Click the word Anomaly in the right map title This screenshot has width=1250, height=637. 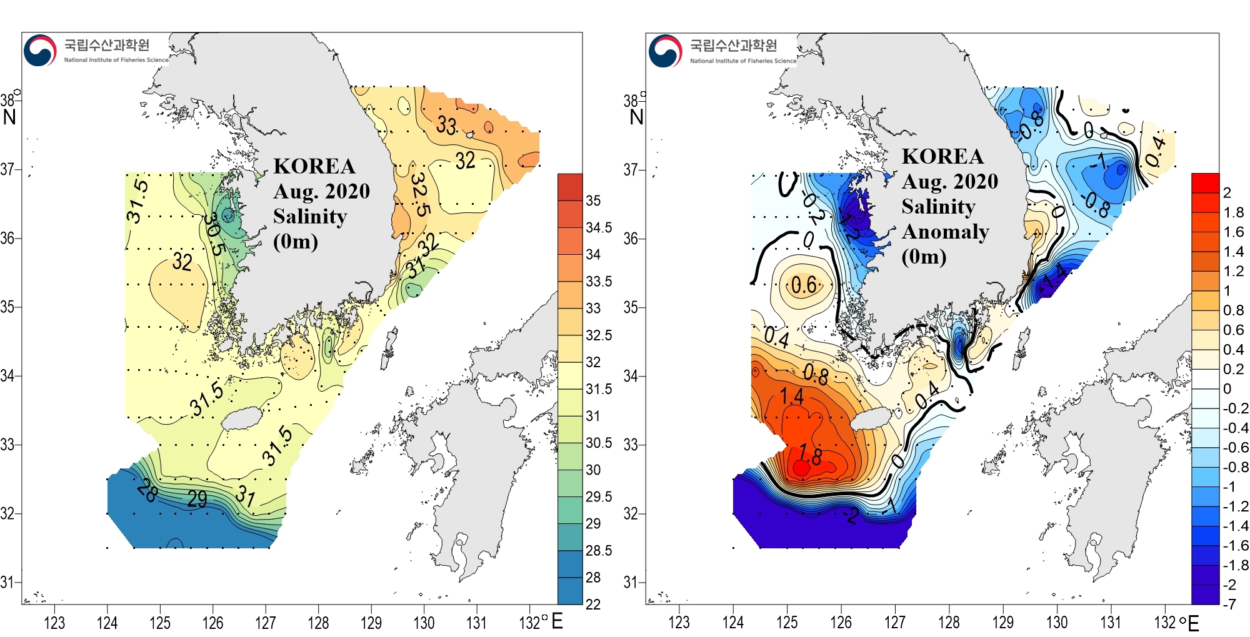pyautogui.click(x=945, y=232)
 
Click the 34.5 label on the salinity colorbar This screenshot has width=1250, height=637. pyautogui.click(x=598, y=228)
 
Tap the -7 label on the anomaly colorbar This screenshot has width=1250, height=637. pyautogui.click(x=1229, y=604)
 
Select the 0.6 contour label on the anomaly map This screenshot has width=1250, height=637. pyautogui.click(x=804, y=285)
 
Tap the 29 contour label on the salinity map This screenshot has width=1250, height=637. pyautogui.click(x=197, y=498)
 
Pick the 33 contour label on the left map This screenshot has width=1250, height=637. pyautogui.click(x=446, y=125)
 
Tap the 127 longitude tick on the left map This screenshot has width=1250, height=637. pyautogui.click(x=266, y=623)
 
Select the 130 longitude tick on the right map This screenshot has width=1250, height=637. pyautogui.click(x=1057, y=623)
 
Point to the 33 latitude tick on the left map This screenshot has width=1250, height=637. pyautogui.click(x=7, y=445)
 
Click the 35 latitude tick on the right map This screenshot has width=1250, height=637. pyautogui.click(x=631, y=307)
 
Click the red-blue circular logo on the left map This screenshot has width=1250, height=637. pyautogui.click(x=40, y=51)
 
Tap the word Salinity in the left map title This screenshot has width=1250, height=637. pyautogui.click(x=310, y=216)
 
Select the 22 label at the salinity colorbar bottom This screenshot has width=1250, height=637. pyautogui.click(x=592, y=604)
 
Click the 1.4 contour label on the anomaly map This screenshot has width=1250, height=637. pyautogui.click(x=791, y=395)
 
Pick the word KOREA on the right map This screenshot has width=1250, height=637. pyautogui.click(x=942, y=156)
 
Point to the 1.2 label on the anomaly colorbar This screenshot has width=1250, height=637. pyautogui.click(x=1233, y=271)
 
